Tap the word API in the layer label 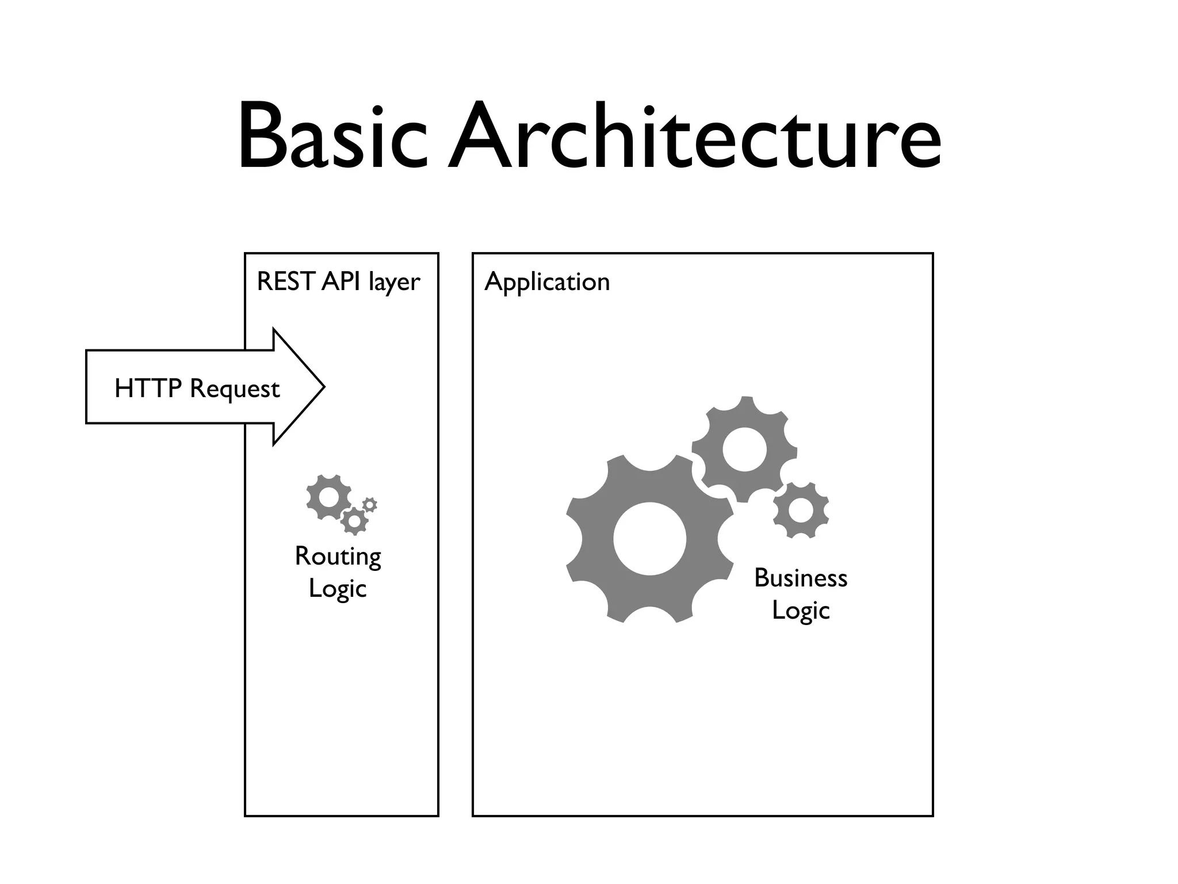pyautogui.click(x=341, y=281)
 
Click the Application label pyautogui.click(x=546, y=283)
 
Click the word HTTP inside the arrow pyautogui.click(x=148, y=388)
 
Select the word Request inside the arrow pyautogui.click(x=234, y=390)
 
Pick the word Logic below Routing pyautogui.click(x=338, y=589)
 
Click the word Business pyautogui.click(x=801, y=578)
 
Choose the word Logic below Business pyautogui.click(x=801, y=611)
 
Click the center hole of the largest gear pyautogui.click(x=649, y=539)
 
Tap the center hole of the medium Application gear pyautogui.click(x=744, y=449)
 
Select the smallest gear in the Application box pyautogui.click(x=801, y=510)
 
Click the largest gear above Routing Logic pyautogui.click(x=329, y=497)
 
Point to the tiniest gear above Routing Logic pyautogui.click(x=370, y=505)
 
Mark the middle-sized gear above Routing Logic pyautogui.click(x=354, y=521)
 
